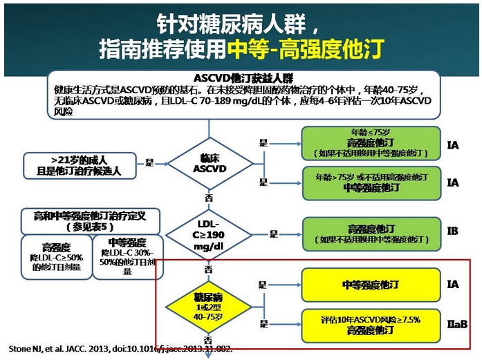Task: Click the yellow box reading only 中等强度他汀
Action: click(371, 284)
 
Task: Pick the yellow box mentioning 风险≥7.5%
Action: click(371, 325)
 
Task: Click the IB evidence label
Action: click(452, 231)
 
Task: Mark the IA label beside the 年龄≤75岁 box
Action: click(452, 146)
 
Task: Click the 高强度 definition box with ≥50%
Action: click(55, 258)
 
